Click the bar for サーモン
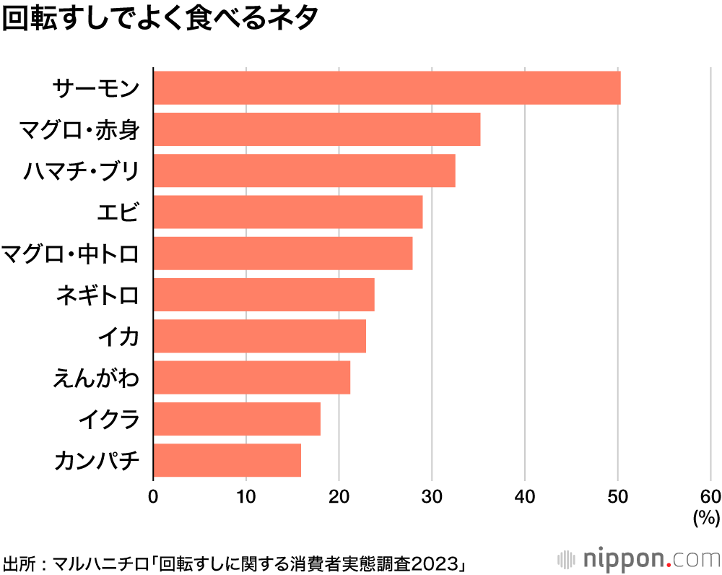[387, 88]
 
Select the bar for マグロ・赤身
[317, 129]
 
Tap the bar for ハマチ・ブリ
[305, 170]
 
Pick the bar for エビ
[288, 212]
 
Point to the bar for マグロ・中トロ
[283, 253]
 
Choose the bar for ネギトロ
[264, 294]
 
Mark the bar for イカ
[260, 336]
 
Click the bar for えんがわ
[252, 377]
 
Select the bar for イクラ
[237, 419]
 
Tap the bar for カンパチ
[227, 460]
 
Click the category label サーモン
[95, 88]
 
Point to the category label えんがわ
[95, 377]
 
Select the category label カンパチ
[95, 460]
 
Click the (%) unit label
[705, 517]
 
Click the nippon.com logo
[639, 559]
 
